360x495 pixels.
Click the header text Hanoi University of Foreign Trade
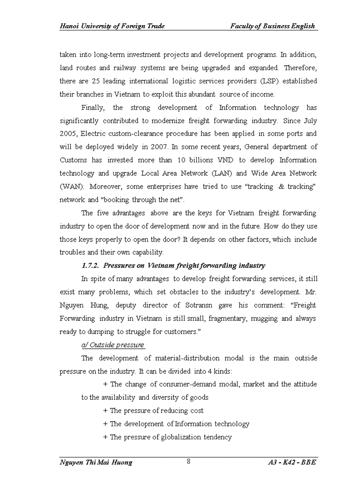(112, 26)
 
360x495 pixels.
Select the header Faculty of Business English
(272, 26)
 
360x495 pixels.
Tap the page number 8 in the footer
(188, 462)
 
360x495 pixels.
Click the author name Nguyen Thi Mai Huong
(96, 462)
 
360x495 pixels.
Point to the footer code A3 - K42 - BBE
(292, 462)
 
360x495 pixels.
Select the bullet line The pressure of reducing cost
(153, 410)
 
